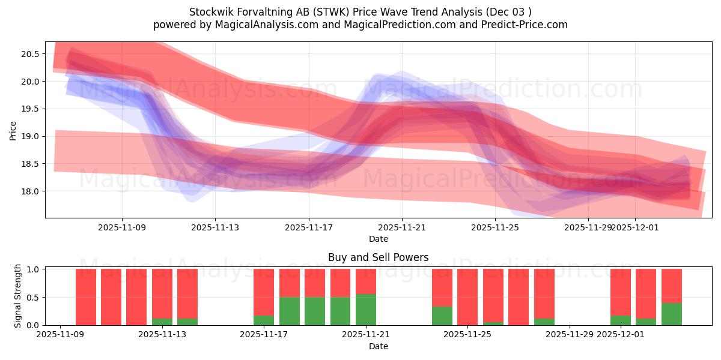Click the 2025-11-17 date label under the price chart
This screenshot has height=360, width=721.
click(309, 227)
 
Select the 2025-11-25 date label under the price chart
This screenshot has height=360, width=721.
click(495, 227)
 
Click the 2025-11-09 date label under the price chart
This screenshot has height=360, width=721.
click(122, 227)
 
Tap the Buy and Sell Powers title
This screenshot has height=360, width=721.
click(378, 257)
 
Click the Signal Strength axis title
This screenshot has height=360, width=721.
click(17, 296)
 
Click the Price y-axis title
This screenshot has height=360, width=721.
click(13, 130)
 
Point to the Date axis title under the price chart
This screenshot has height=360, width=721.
click(378, 239)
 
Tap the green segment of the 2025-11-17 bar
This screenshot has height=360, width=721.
click(264, 320)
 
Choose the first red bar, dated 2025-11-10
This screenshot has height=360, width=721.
click(86, 296)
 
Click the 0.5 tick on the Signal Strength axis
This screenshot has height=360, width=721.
click(33, 298)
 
